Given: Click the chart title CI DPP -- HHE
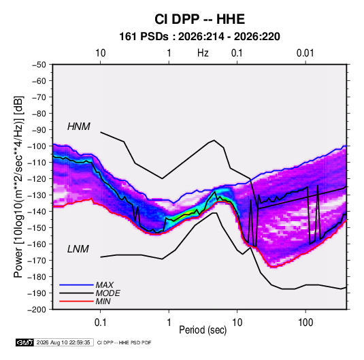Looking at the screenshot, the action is tap(199, 19).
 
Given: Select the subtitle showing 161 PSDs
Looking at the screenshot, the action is tap(199, 37).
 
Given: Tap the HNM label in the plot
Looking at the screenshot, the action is tap(79, 127).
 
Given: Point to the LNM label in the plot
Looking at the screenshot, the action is tap(78, 249).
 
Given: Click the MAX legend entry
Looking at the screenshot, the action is tap(105, 285).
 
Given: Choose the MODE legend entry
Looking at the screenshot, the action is tap(107, 293).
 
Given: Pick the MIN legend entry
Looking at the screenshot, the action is tap(103, 301).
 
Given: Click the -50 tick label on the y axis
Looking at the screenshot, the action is tap(39, 65).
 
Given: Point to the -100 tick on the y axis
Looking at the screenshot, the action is tap(37, 146).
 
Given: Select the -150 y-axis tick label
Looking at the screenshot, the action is tap(37, 227).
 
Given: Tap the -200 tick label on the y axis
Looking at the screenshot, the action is tap(37, 310).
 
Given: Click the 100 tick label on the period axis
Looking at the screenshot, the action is tap(305, 323).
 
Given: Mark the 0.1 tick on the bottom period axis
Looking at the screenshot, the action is tap(100, 323).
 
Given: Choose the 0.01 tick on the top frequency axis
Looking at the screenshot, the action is tap(305, 53).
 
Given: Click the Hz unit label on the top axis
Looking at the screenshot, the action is tap(203, 53).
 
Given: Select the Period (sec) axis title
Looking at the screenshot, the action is tap(203, 330).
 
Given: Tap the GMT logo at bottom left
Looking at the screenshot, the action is tap(25, 342).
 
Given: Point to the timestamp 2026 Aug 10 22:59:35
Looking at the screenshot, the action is tap(63, 342).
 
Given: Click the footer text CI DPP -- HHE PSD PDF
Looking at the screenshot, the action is tap(125, 342).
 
